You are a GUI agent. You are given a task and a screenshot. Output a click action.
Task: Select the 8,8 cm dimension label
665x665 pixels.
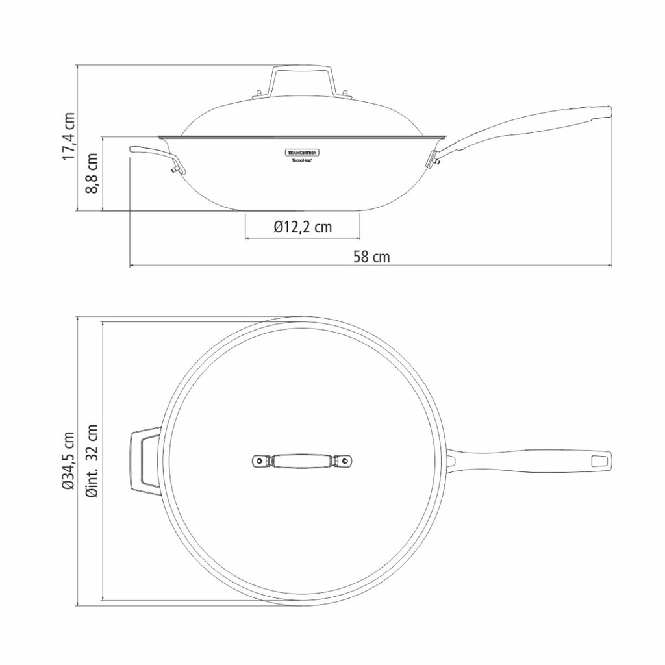(93, 173)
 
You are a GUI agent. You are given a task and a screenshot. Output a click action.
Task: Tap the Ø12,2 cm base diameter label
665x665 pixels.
(302, 227)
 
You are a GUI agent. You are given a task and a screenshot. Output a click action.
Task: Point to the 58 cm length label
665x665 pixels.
(371, 257)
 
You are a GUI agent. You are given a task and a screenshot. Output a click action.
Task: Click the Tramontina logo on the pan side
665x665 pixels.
(303, 151)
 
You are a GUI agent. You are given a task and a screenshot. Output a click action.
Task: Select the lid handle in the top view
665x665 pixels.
(302, 461)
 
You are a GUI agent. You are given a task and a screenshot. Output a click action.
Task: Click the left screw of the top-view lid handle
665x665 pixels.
(260, 461)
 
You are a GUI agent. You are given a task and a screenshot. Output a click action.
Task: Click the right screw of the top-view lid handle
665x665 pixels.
(344, 461)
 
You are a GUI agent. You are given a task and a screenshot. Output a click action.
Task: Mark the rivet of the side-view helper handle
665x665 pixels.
(174, 169)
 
